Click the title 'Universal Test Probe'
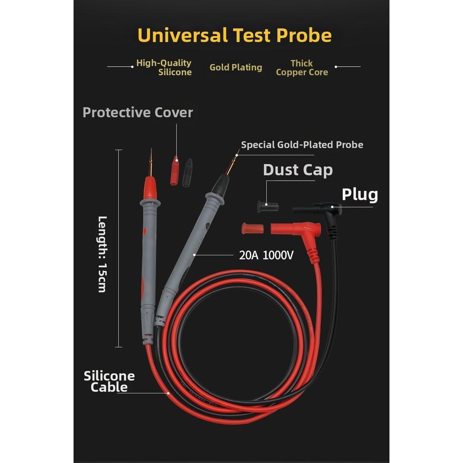235,36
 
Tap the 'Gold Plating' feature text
235,68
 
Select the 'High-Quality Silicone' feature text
164,68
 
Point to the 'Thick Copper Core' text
302,68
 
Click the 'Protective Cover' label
137,112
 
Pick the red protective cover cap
175,171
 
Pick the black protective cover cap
187,173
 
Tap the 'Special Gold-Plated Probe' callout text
302,145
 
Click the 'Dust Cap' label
298,170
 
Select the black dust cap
268,207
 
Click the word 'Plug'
360,195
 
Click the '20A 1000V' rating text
266,255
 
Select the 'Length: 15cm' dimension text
102,254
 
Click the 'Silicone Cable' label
109,382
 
